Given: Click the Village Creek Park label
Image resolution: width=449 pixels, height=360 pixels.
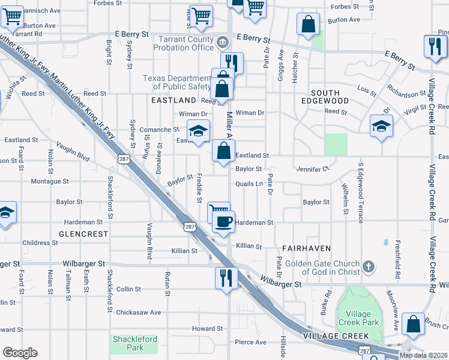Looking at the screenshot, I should pos(358,318).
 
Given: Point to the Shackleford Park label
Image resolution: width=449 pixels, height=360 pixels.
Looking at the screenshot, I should pos(134,343).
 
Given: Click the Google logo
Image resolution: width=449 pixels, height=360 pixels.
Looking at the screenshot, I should pos(20,353).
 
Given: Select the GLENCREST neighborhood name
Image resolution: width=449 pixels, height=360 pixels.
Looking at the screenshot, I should pos(83,233).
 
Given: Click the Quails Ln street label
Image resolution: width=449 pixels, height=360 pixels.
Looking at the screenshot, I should pos(249,184).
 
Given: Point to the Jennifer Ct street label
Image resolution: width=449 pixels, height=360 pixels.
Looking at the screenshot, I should pos(313,169).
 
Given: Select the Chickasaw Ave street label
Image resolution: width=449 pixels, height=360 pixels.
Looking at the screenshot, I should pos(139,313).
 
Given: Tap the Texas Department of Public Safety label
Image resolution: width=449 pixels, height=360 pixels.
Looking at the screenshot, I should pos(177,83).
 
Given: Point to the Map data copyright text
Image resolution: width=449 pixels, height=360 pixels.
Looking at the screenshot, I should pos(423,355).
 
